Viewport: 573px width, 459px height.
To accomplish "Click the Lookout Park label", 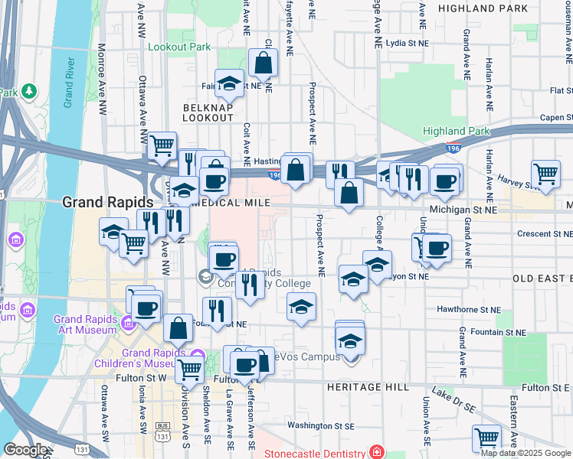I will (x=178, y=47).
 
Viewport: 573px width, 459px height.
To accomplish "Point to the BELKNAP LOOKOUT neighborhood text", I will (x=208, y=113).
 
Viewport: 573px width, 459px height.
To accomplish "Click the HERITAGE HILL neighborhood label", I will (x=368, y=387).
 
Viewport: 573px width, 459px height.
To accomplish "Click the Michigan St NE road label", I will (x=463, y=209).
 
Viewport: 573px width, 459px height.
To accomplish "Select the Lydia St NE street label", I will (x=406, y=44).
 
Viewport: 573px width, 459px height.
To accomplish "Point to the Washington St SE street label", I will (x=321, y=425).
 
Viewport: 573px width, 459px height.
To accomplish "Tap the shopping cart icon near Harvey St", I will (x=545, y=173).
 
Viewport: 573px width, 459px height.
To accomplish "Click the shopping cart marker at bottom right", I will (x=486, y=438).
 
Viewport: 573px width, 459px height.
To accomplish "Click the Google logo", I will (x=25, y=450).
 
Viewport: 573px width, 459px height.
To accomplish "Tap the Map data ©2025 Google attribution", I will (x=526, y=453).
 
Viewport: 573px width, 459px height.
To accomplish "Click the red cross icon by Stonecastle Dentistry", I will (x=376, y=453).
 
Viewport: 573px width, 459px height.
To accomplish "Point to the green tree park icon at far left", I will (x=30, y=91).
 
